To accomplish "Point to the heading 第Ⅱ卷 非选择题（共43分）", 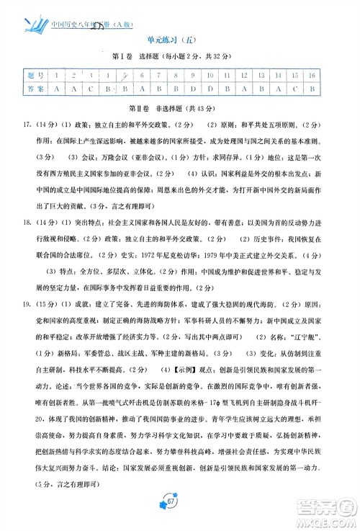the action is click(x=181, y=108).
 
